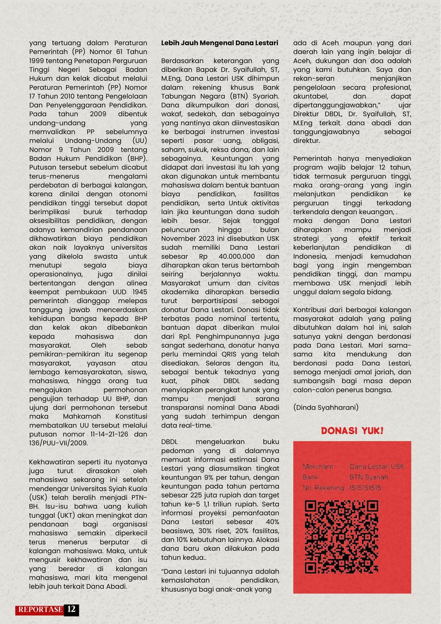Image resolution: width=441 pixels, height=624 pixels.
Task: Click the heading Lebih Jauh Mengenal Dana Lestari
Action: (x=220, y=43)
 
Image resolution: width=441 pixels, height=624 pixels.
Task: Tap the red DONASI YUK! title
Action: (x=352, y=430)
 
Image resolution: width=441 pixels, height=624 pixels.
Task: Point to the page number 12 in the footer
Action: (x=71, y=609)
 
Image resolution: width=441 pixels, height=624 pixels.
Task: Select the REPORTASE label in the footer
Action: (x=41, y=609)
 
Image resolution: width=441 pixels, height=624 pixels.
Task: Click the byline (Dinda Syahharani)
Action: (x=326, y=407)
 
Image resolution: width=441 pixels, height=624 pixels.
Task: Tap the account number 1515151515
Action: (x=365, y=488)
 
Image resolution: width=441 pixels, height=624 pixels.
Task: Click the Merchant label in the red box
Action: (x=318, y=466)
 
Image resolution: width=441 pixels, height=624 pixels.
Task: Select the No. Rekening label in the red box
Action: (x=324, y=488)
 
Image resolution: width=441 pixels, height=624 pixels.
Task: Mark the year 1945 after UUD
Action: (x=139, y=292)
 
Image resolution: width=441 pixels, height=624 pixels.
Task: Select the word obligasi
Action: (x=265, y=141)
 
